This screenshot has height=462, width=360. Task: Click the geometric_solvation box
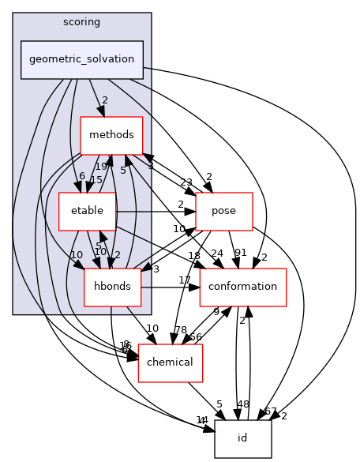[x=82, y=59]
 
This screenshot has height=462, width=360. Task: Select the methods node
[x=111, y=135]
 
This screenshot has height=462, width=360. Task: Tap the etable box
[x=88, y=211]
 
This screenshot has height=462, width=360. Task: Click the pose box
[x=223, y=211]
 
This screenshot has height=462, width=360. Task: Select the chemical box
[x=171, y=362]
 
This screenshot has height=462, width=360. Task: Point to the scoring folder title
[x=82, y=20]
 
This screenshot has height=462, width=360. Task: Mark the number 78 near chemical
[x=181, y=329]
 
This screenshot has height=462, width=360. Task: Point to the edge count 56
[x=195, y=336]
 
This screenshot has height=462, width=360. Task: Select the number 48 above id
[x=242, y=404]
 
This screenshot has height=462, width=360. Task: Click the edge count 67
[x=271, y=411]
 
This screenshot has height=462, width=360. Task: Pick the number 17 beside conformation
[x=184, y=280]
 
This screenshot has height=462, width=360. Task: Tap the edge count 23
[x=186, y=182]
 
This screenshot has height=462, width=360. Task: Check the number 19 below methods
[x=101, y=167]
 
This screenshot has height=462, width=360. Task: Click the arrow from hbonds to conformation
[x=170, y=287]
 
